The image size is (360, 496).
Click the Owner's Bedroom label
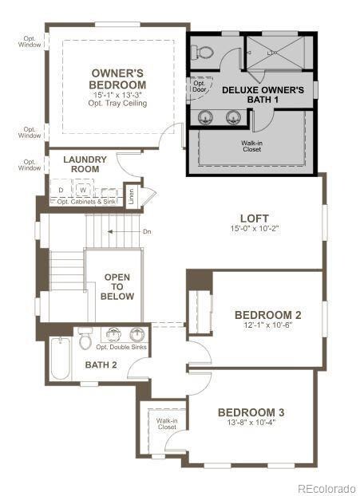point(117,78)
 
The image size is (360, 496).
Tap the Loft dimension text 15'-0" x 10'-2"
point(254,228)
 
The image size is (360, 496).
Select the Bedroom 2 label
point(256,314)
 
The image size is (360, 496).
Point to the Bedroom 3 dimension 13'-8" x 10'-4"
point(251,422)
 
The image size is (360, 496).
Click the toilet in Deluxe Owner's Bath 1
point(204,52)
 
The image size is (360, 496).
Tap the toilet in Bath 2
point(85,339)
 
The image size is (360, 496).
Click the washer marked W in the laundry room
point(81,190)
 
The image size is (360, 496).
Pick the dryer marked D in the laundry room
point(61,190)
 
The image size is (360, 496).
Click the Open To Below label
point(117,286)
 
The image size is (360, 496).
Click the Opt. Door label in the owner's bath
point(200,86)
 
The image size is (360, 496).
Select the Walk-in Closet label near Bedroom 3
point(166,423)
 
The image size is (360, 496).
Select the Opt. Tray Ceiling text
point(117,104)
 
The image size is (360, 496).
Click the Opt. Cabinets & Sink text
point(86,202)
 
